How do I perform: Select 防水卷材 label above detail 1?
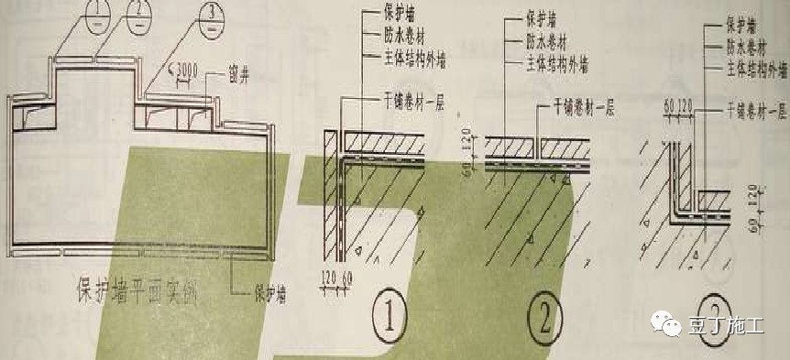pos(384,36)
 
